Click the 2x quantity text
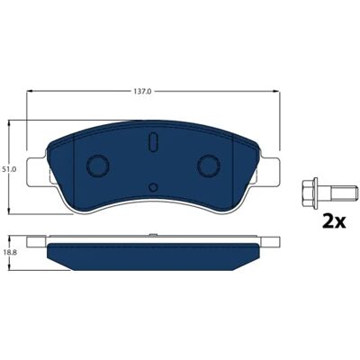tap(334, 221)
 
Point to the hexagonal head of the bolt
tap(310, 193)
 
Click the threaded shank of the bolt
tap(344, 193)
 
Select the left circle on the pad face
tap(97, 166)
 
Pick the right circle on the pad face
tap(209, 166)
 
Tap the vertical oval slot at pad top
tap(153, 141)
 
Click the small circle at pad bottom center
tap(153, 187)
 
